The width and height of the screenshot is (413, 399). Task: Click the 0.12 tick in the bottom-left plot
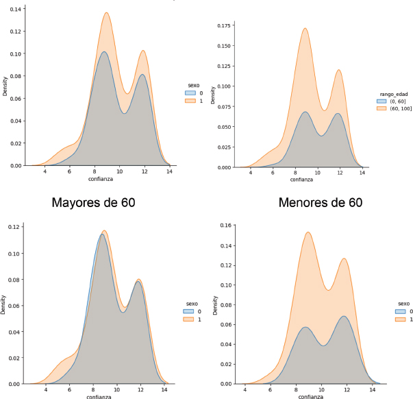pos(14,226)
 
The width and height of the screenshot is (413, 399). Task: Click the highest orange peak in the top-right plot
pos(305,29)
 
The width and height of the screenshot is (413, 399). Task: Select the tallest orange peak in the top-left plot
pos(107,13)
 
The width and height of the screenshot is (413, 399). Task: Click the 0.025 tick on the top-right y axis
pos(223,147)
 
